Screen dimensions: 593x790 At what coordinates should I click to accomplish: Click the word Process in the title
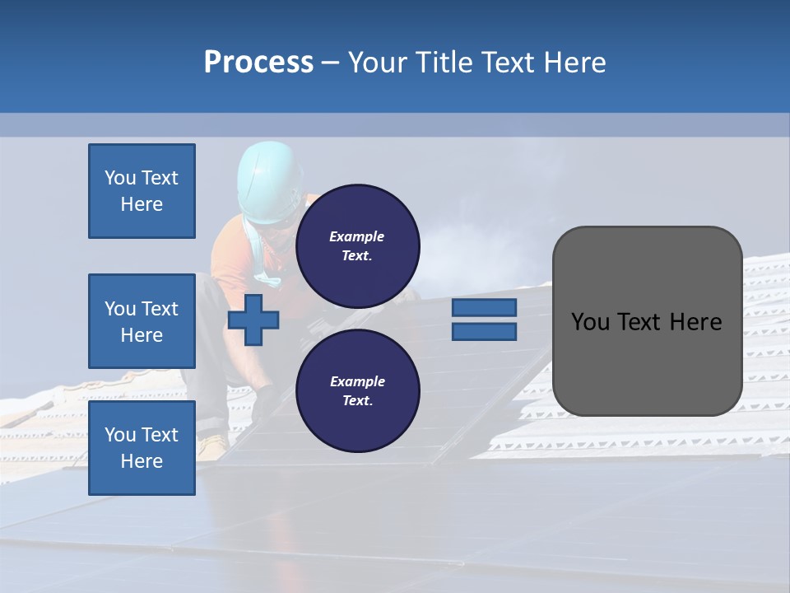click(x=258, y=63)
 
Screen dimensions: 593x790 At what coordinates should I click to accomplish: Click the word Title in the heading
click(x=440, y=63)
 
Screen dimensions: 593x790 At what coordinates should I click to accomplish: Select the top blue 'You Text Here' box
click(x=142, y=191)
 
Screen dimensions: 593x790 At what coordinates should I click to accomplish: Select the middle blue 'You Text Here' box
click(x=142, y=321)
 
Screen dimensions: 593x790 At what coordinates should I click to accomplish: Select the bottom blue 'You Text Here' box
click(x=142, y=448)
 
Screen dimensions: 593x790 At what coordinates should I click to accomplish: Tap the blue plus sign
click(x=253, y=320)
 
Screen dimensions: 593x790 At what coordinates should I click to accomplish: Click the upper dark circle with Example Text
click(x=357, y=245)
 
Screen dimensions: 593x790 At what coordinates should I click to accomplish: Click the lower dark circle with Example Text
click(x=357, y=390)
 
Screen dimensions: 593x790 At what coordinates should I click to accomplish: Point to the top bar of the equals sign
click(x=484, y=307)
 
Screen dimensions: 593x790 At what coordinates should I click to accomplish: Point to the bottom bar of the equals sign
click(x=484, y=331)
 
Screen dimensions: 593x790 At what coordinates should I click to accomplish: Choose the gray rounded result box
click(x=647, y=321)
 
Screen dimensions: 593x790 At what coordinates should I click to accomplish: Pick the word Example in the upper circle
click(x=357, y=236)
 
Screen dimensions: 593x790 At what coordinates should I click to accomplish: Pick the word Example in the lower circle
click(x=357, y=381)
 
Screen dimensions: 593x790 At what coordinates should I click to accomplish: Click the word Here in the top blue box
click(x=142, y=204)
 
